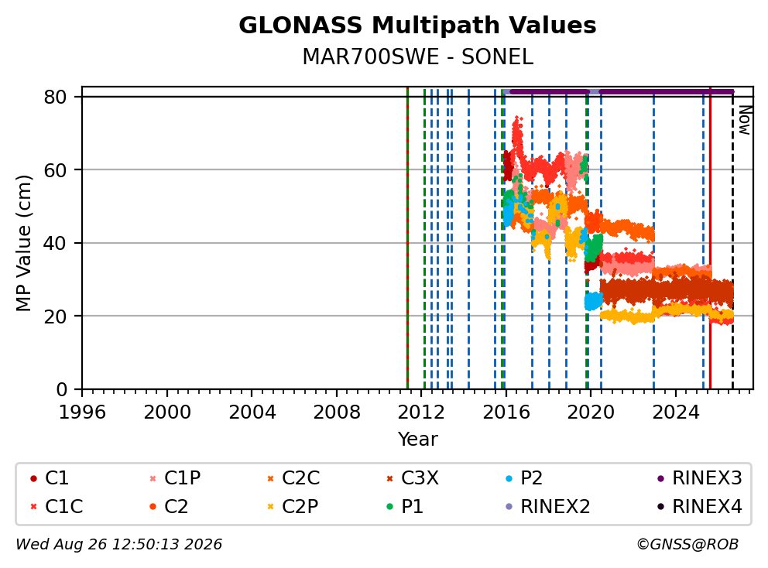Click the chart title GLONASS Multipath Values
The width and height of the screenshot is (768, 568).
coord(417,26)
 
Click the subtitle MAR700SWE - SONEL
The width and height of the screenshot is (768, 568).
coord(417,56)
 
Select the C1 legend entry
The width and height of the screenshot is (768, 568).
coord(50,478)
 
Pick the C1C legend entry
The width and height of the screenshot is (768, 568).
coord(57,506)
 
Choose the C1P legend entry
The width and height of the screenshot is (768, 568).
coord(175,478)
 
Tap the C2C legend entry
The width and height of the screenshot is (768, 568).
coord(293,478)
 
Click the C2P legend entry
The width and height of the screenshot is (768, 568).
coord(293,506)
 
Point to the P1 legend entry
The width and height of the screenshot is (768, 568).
coord(405,506)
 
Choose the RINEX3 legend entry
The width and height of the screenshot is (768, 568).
coord(699,478)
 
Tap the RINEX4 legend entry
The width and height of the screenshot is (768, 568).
coord(699,506)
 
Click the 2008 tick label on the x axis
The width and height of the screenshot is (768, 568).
coord(337,412)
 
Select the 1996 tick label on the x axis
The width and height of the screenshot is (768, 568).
coord(82,412)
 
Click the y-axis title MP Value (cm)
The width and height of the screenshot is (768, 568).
coord(23,243)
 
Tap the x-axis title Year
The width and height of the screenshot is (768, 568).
coord(417,440)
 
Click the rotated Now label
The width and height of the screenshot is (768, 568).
coord(745,121)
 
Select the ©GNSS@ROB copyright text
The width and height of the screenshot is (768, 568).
coord(687,544)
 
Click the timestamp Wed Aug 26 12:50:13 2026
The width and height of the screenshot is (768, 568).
coord(119,544)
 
